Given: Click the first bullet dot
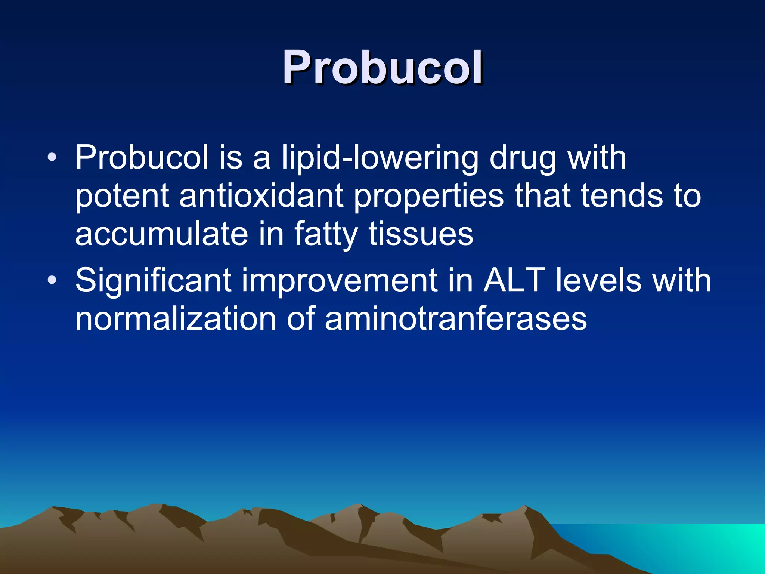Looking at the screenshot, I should coord(52,157).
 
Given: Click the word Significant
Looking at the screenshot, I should coord(153,281).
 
